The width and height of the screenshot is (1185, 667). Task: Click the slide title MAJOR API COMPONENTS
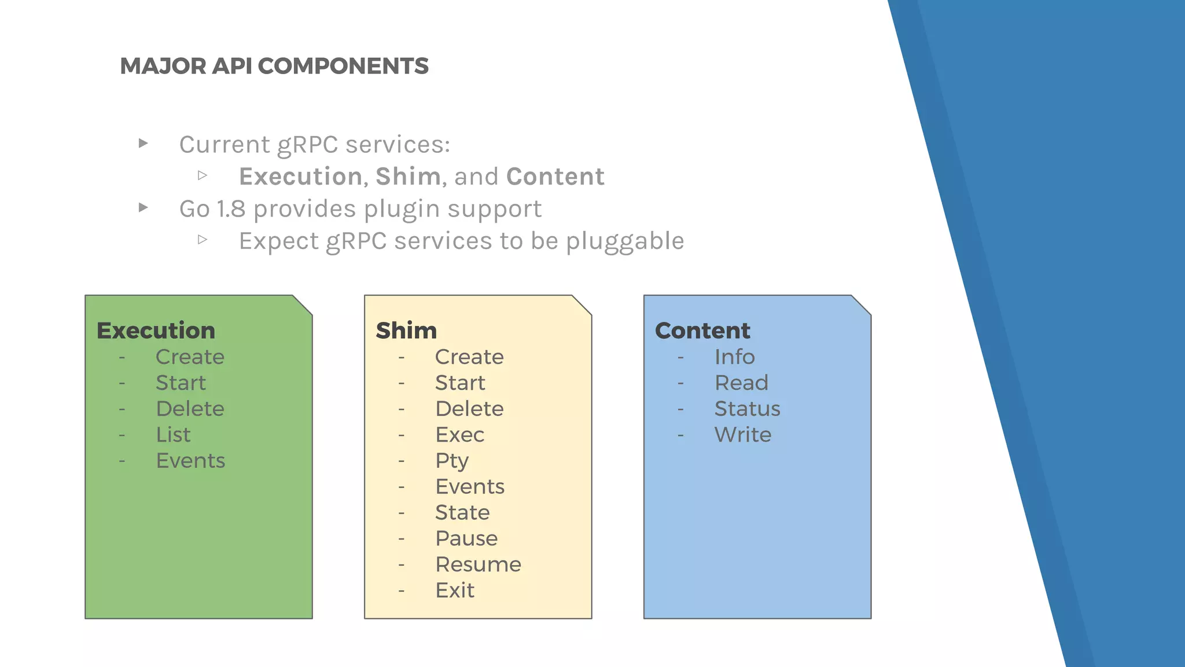(274, 66)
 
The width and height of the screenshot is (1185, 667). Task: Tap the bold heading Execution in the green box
(156, 331)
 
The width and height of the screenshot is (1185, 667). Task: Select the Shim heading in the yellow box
(406, 331)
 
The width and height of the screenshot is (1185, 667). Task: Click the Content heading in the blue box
(702, 331)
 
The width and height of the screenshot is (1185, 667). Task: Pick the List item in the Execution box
(173, 435)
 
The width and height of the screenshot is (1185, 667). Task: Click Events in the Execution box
(190, 461)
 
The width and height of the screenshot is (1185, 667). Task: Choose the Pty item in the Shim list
(452, 461)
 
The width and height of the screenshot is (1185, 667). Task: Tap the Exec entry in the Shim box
(459, 435)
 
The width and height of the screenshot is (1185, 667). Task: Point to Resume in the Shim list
(478, 565)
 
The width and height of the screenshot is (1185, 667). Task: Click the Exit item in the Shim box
(455, 591)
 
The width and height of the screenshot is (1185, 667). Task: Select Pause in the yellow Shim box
(466, 538)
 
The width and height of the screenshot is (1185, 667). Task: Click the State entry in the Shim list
(462, 512)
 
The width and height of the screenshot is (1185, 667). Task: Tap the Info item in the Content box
(734, 357)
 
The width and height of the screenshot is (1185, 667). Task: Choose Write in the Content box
(742, 435)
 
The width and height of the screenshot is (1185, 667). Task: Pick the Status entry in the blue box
(747, 409)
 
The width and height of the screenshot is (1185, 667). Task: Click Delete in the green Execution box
(190, 409)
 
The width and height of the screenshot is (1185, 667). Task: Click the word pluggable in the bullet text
(625, 241)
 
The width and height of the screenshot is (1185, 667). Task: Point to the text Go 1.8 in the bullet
(212, 209)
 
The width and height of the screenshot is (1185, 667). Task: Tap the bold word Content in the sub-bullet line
(555, 177)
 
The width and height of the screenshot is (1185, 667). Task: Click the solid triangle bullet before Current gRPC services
(143, 143)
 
